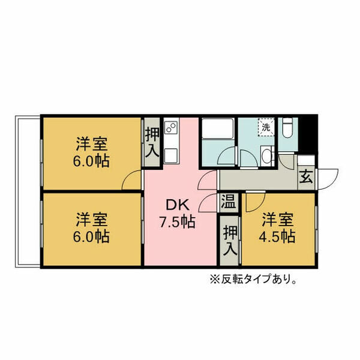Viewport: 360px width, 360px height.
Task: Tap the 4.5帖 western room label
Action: click(277, 228)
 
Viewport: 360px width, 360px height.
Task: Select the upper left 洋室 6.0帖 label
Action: click(91, 153)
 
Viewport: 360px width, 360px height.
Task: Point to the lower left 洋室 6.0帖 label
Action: click(91, 228)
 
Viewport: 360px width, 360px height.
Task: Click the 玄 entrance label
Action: click(306, 178)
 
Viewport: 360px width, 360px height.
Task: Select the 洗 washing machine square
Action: click(266, 128)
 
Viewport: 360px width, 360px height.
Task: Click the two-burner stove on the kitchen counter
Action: click(171, 130)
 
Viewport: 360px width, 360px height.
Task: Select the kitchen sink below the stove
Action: click(171, 154)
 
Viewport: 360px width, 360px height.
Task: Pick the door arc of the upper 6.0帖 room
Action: click(132, 180)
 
